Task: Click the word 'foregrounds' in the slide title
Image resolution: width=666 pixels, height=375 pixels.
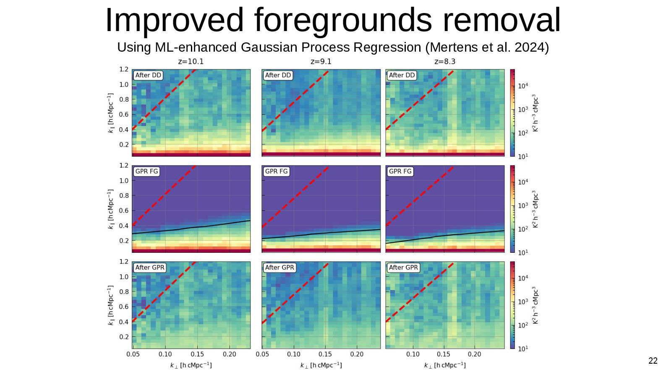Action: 343,20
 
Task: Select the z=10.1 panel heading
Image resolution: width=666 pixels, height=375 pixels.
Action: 191,61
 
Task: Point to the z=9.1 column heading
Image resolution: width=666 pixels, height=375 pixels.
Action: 321,61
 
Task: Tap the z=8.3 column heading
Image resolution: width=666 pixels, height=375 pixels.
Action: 444,61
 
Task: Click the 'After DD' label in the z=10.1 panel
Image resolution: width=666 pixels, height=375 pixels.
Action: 148,75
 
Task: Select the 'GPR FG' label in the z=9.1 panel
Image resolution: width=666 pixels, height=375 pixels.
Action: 277,171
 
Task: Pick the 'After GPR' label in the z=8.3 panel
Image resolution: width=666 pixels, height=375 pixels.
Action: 403,267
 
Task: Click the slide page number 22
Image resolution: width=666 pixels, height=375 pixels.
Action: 653,361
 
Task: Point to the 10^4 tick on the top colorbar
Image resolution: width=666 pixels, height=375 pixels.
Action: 523,86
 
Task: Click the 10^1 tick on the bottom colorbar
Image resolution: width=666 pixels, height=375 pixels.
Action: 523,349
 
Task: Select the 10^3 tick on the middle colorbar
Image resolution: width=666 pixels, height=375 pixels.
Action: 523,206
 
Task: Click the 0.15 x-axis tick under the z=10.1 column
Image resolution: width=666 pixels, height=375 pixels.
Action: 197,354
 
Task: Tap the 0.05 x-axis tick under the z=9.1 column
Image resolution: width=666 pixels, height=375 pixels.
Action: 262,354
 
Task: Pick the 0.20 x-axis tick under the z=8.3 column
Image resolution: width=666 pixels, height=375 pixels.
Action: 474,354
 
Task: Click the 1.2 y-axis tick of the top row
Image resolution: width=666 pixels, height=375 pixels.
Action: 124,69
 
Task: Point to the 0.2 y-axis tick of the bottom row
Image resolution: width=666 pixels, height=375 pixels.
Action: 124,337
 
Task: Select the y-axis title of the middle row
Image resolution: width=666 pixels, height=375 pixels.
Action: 111,209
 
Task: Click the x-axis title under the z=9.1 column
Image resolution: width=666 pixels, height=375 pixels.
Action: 321,365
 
